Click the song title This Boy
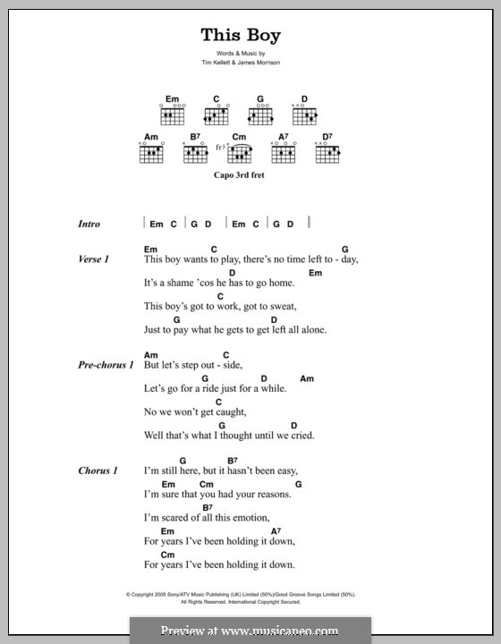(241, 36)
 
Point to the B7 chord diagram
(196, 154)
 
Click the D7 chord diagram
(327, 154)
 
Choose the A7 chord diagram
(284, 154)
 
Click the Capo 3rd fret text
(240, 176)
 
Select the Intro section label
(89, 225)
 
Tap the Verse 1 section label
(93, 259)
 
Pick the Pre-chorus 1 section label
(106, 366)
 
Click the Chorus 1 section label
(97, 470)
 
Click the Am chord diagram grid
(152, 154)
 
